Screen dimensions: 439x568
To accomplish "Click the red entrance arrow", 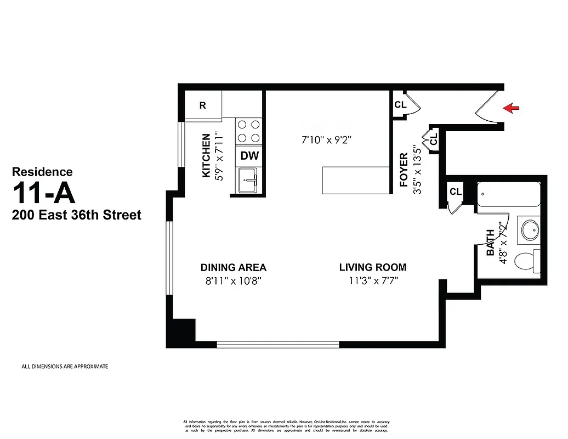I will click(x=511, y=108).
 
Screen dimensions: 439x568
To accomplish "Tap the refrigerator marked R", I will click(x=203, y=106).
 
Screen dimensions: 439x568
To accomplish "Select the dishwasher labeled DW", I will click(x=249, y=156).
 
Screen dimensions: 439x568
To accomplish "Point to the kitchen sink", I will click(x=249, y=180).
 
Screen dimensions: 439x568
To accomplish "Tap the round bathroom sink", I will click(x=531, y=230).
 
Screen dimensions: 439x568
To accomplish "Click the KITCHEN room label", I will click(x=207, y=156).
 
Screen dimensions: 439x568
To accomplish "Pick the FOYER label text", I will click(x=404, y=170).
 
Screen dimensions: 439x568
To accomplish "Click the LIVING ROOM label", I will click(x=373, y=268).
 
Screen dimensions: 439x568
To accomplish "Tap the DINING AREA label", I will click(x=234, y=268).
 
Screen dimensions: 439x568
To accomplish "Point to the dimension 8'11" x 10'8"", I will click(x=234, y=282).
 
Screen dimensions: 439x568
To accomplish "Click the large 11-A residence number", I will click(x=44, y=193).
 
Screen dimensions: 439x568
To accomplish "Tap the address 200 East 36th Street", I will click(x=77, y=215).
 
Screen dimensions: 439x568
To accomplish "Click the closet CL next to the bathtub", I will click(x=455, y=192).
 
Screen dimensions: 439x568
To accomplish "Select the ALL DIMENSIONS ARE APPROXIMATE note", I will click(x=65, y=367).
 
